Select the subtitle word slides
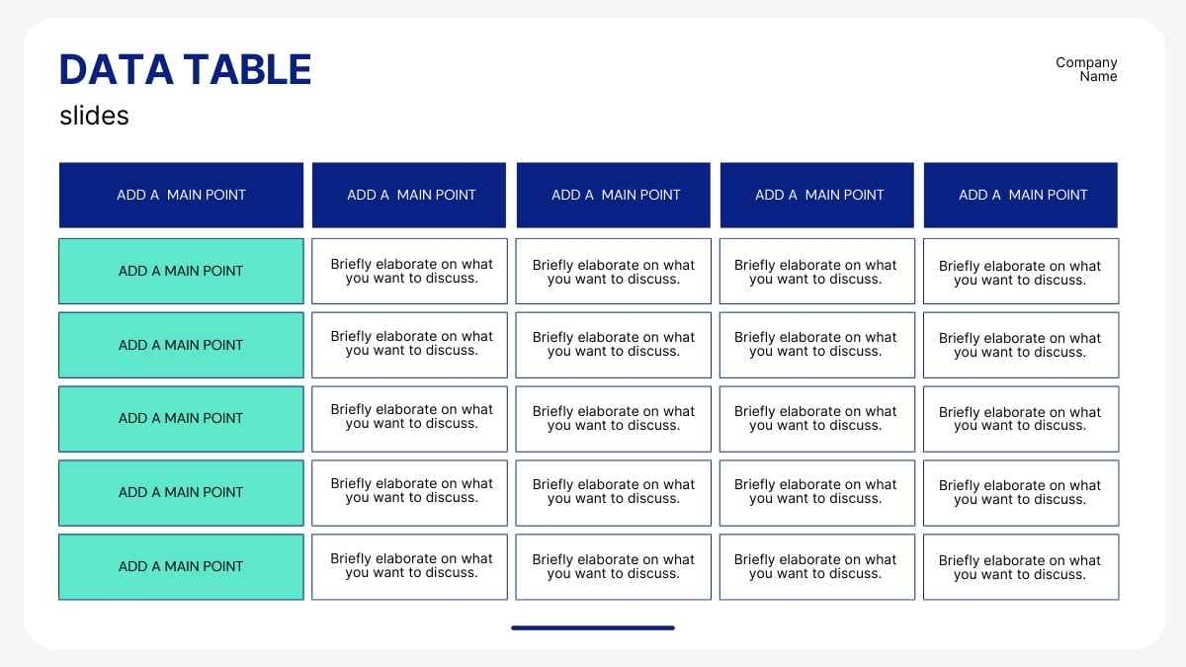[x=94, y=116]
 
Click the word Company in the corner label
[x=1086, y=62]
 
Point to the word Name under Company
[x=1098, y=76]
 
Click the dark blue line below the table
[x=593, y=627]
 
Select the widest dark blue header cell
[x=181, y=195]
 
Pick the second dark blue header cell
[x=409, y=195]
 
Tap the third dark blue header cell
[x=614, y=195]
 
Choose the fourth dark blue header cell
[x=817, y=195]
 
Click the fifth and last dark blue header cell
[x=1021, y=195]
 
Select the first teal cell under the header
[x=181, y=271]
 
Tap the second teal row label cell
[x=181, y=345]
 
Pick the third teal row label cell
[x=181, y=418]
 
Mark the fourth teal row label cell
[x=181, y=492]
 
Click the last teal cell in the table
[x=181, y=566]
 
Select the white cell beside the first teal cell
[x=409, y=271]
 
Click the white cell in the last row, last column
[x=1021, y=566]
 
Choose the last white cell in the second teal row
[x=1021, y=345]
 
